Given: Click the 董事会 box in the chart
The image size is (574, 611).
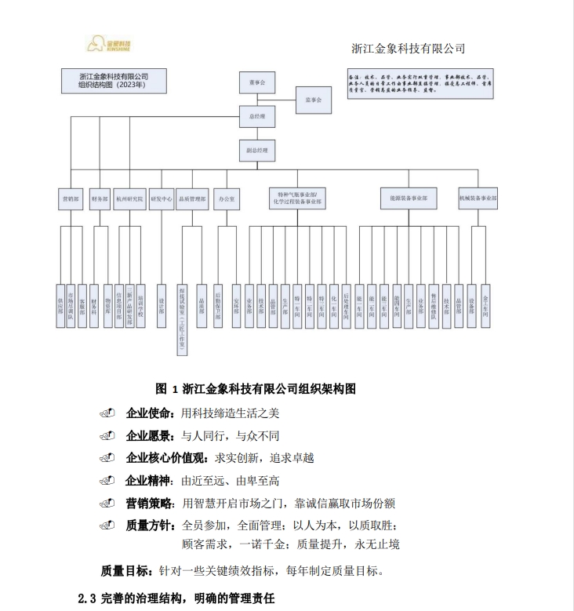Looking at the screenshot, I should coord(257,82).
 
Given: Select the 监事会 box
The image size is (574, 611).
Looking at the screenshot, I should coord(314,100).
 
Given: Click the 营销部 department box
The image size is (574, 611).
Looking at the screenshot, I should coord(70,199).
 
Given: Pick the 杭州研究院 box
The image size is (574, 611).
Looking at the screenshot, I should coord(129,199).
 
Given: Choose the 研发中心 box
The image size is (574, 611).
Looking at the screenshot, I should coord(161,199).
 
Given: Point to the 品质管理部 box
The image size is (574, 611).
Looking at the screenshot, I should coord(192,199).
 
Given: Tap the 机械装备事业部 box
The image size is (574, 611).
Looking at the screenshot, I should coord(478,199).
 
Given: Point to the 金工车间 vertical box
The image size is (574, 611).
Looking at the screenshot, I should coord(485,305).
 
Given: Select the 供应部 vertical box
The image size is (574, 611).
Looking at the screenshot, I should coord(60,305).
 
